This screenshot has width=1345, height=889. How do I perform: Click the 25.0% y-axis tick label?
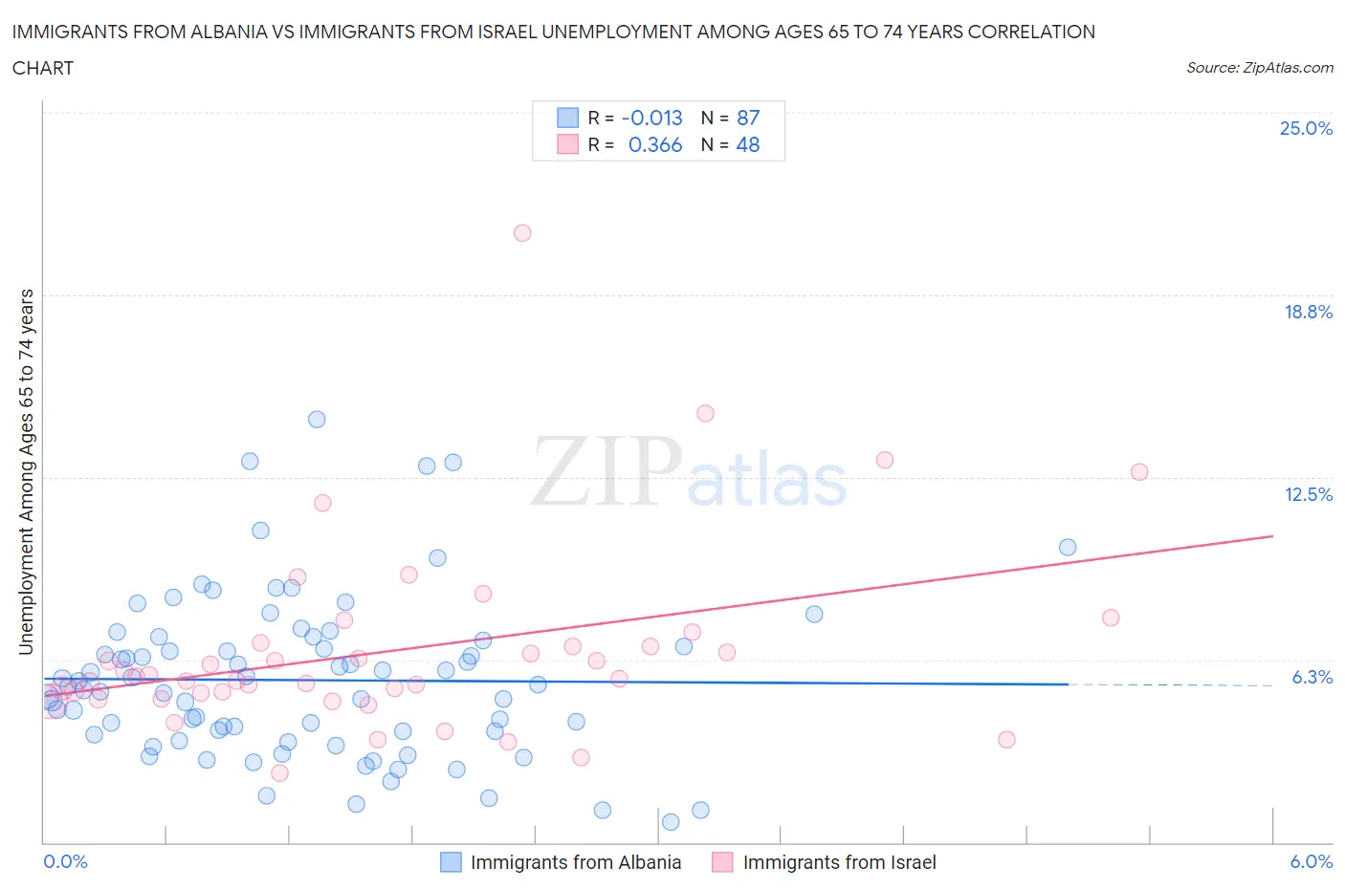coord(1306,128)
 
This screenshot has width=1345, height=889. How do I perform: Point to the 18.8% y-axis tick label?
coord(1308,312)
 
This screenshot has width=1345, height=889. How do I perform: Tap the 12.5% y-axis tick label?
coord(1308,494)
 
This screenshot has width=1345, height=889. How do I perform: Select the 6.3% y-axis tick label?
coord(1312,677)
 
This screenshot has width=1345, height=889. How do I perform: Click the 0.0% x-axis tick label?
coord(65,861)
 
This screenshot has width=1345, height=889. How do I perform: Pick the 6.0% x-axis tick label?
coord(1311,861)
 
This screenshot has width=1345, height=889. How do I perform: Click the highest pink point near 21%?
coord(522,233)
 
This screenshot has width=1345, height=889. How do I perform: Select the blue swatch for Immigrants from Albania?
coord(451,862)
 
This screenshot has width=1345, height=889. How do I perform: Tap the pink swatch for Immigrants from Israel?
coord(722,862)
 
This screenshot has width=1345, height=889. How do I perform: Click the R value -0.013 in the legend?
coord(651,118)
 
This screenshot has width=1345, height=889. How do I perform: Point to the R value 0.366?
coord(655,144)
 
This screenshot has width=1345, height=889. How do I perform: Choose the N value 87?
coord(748,118)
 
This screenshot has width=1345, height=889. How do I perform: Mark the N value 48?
coord(748,144)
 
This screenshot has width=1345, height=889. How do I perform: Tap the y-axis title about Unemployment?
coord(26,471)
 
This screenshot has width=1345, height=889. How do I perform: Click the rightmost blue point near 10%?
coord(1068,548)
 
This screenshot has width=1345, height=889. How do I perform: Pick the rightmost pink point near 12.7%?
coord(1139,472)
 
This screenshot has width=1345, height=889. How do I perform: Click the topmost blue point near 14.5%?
coord(317,420)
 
